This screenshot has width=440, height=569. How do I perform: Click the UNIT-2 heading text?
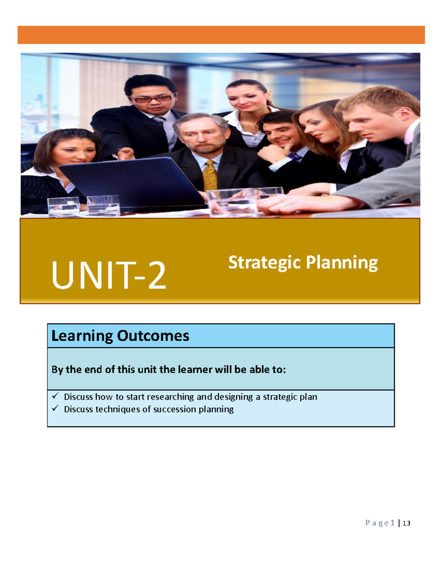109,276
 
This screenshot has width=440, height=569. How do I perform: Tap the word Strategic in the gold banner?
264,263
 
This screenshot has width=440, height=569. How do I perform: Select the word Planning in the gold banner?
342,263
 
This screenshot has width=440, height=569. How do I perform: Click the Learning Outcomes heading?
120,336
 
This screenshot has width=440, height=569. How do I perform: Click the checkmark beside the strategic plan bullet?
55,396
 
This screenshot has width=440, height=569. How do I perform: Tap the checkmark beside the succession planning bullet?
55,408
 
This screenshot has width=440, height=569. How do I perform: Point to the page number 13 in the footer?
406,523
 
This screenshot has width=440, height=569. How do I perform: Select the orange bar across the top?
221,35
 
